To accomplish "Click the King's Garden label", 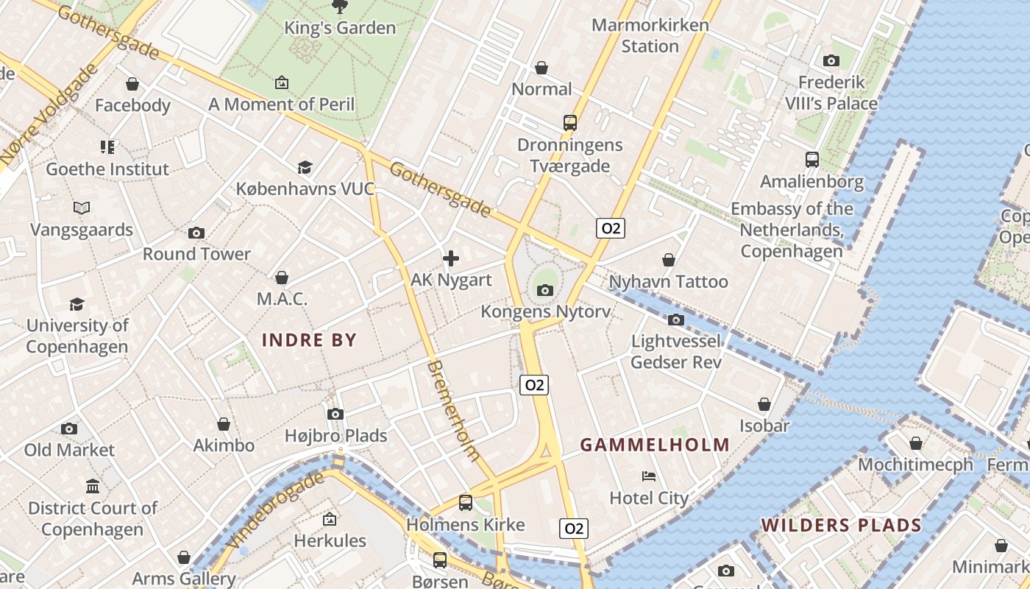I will (341, 28).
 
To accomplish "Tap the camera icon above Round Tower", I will (196, 233).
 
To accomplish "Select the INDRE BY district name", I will (309, 340).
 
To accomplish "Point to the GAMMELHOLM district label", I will (655, 445).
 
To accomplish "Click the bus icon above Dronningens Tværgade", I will (570, 122).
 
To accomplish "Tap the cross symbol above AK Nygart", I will (451, 258).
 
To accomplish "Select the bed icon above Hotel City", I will (649, 476).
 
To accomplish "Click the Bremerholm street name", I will (453, 411).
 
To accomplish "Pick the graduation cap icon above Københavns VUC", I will (305, 167).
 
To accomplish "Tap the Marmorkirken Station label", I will (650, 35).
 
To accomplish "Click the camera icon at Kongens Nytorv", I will (545, 290).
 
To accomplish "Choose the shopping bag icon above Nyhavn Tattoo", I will (669, 260).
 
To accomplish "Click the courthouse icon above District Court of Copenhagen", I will (93, 486).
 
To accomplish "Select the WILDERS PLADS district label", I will (841, 525).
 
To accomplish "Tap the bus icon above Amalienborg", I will (812, 159).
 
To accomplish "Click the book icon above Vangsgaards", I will (82, 208).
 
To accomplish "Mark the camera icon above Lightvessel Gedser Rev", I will (676, 320).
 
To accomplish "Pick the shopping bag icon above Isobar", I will (764, 404).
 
